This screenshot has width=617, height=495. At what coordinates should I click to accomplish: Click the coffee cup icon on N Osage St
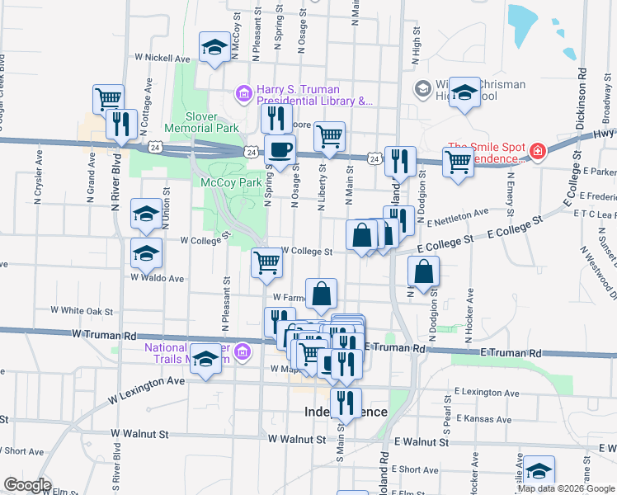pos(281,149)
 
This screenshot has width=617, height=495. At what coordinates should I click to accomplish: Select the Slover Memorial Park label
pos(201,122)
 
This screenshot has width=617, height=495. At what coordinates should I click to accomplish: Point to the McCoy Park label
pos(224,181)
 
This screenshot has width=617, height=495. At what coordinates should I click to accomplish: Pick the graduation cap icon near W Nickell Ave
pos(215,48)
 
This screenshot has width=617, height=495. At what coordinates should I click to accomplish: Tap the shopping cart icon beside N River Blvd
pos(108,99)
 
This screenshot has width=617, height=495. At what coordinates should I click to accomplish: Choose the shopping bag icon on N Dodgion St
pos(423,271)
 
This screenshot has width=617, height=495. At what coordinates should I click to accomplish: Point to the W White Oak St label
pos(82,311)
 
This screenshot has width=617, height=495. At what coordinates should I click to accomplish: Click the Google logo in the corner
pos(26,485)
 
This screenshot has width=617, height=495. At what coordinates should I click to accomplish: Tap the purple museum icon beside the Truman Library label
pos(243,93)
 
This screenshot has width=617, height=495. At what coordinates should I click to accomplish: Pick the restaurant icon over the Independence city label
pos(345,402)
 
